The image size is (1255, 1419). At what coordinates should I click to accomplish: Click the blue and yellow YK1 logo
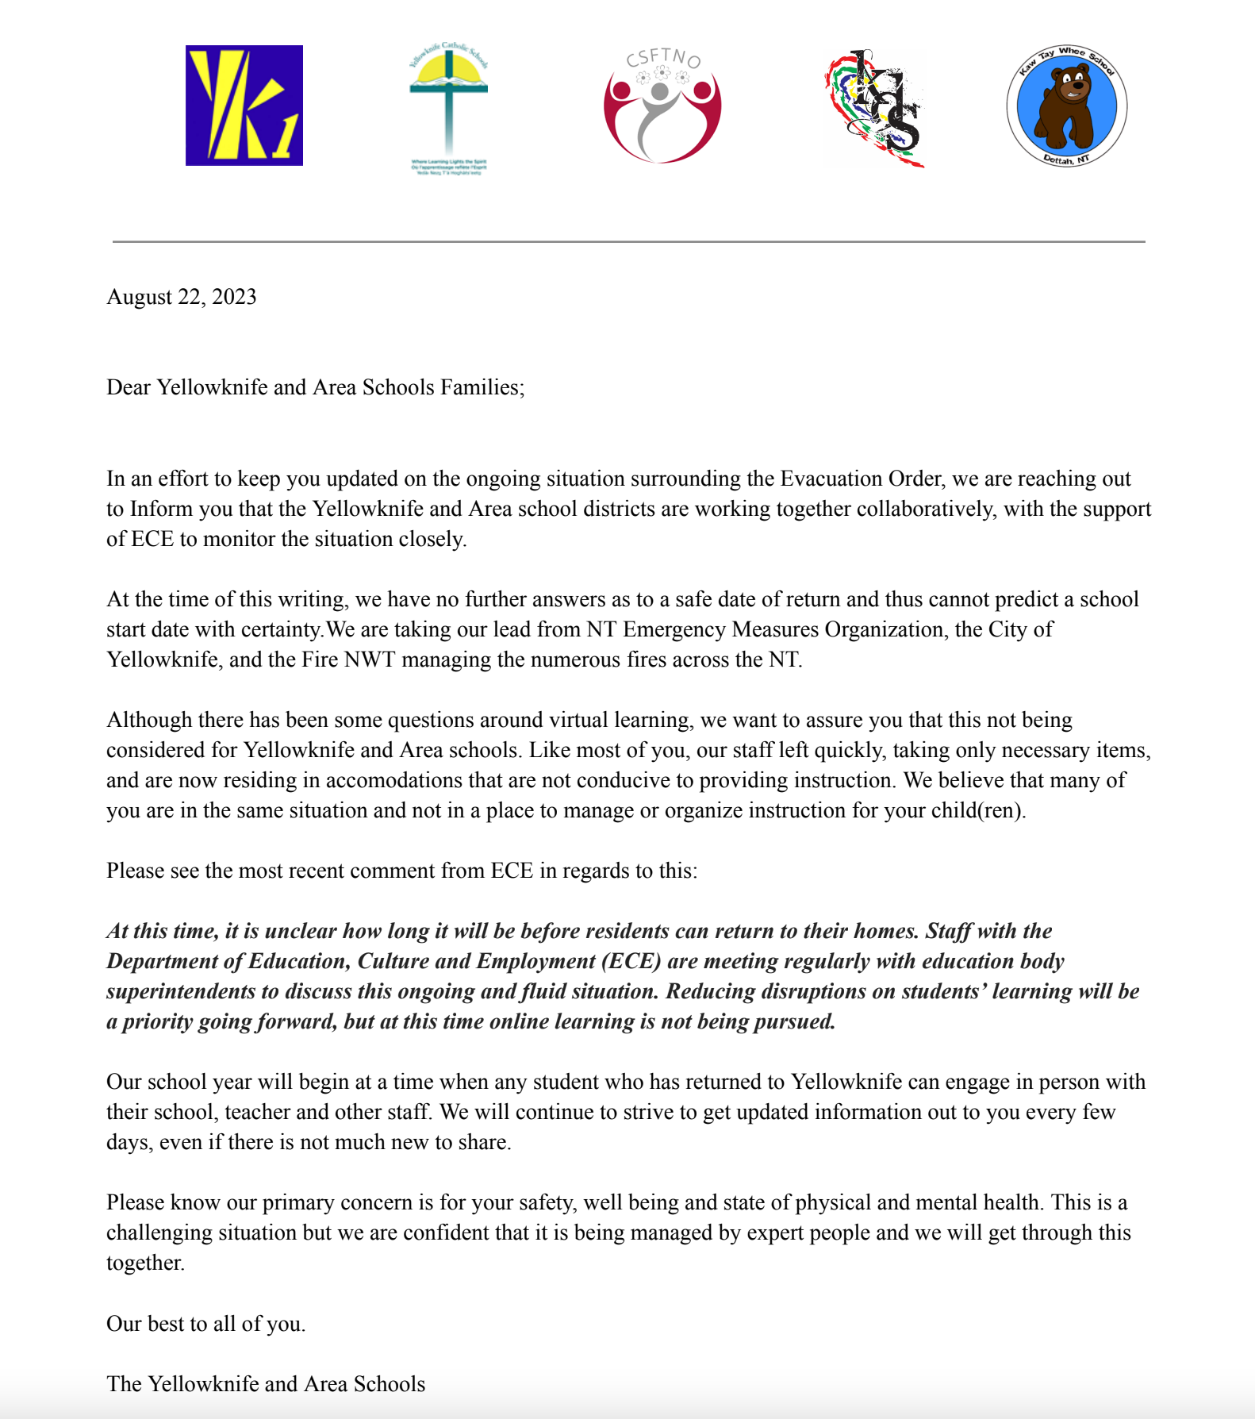tap(244, 106)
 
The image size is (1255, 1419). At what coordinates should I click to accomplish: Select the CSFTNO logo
tap(662, 107)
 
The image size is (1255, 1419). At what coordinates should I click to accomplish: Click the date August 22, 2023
tap(182, 297)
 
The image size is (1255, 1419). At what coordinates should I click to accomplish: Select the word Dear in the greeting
tap(129, 387)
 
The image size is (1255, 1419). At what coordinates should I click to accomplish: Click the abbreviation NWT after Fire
tap(370, 660)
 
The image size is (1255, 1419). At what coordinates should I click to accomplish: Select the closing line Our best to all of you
tap(206, 1324)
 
